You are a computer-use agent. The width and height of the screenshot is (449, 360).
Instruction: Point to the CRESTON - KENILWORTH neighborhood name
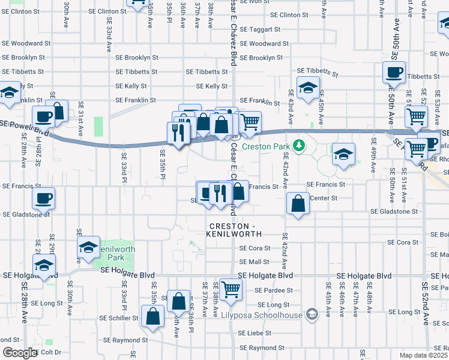pyautogui.click(x=235, y=230)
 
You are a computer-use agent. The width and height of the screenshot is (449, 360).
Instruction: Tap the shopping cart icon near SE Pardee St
pyautogui.click(x=231, y=289)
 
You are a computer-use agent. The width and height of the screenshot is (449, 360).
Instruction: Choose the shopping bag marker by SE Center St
pyautogui.click(x=298, y=204)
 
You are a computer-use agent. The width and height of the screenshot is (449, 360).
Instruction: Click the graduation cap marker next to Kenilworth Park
pyautogui.click(x=88, y=247)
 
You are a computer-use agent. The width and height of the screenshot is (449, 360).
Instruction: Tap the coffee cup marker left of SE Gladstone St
pyautogui.click(x=43, y=198)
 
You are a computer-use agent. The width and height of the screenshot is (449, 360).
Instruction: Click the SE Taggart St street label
pyautogui.click(x=259, y=29)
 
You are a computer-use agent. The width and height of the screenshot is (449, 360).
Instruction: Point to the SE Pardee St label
pyautogui.click(x=274, y=290)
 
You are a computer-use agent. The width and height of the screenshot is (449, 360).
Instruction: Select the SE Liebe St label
pyautogui.click(x=255, y=333)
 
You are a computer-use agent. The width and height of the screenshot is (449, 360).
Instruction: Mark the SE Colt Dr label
pyautogui.click(x=49, y=353)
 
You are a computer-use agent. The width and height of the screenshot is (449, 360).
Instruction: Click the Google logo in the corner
pyautogui.click(x=19, y=353)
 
